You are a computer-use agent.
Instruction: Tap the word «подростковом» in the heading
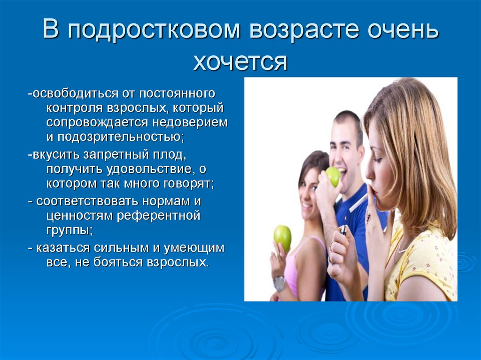tap(154, 31)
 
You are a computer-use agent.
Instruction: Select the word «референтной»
tap(159, 216)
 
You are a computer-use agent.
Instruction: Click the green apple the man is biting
tap(333, 176)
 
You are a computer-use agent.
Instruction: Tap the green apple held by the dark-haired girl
tap(282, 237)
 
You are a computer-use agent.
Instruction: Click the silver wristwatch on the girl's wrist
tap(279, 284)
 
